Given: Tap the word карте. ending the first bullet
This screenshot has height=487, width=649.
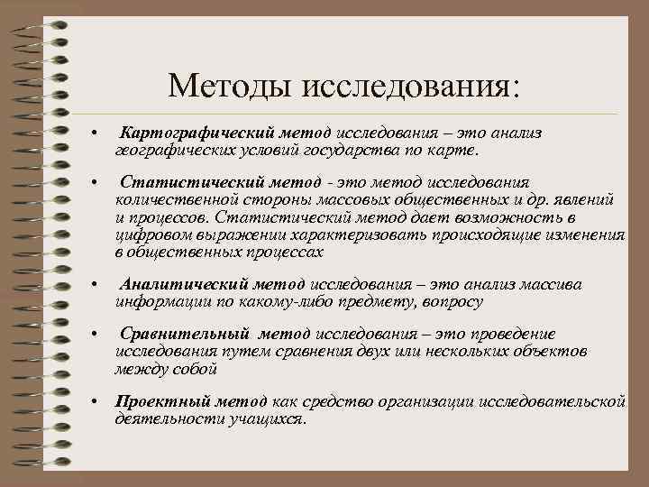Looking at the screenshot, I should [461, 149].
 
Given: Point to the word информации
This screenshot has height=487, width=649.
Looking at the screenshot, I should [158, 301].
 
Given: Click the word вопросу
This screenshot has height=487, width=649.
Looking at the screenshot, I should [450, 301].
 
